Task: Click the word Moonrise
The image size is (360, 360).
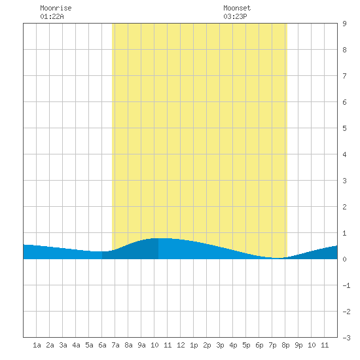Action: [x=56, y=8]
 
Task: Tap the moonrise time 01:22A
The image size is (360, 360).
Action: [x=52, y=16]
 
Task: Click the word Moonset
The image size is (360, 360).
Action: [x=237, y=8]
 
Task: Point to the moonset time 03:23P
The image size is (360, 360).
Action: [x=235, y=16]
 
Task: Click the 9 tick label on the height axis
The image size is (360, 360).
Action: [x=344, y=24]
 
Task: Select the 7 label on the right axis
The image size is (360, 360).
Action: [x=344, y=76]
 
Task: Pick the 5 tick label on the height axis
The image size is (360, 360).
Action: [x=344, y=128]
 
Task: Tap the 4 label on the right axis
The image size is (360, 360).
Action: [x=344, y=154]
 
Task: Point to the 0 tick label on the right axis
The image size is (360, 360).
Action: [x=344, y=259]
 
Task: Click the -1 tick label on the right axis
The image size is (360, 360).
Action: [x=346, y=285]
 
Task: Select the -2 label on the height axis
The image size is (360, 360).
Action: [x=346, y=312]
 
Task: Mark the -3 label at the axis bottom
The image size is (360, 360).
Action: [x=346, y=338]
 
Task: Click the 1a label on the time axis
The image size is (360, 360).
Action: [x=37, y=345]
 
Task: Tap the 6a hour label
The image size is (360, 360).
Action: [x=102, y=345]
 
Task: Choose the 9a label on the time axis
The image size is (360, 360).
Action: [x=141, y=345]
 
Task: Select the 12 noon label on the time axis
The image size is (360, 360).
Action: [x=181, y=345]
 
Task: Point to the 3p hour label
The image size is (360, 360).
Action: [x=220, y=345]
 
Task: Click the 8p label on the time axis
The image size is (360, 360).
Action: [x=285, y=345]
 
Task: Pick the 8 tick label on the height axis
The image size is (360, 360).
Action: [x=344, y=50]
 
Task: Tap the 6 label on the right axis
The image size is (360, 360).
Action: [x=344, y=102]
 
